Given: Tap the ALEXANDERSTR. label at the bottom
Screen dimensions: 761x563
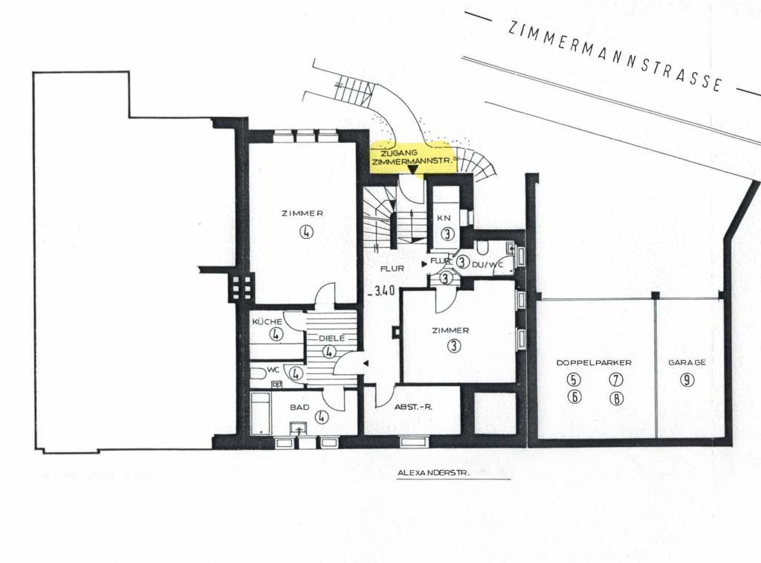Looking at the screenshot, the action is coord(434,472).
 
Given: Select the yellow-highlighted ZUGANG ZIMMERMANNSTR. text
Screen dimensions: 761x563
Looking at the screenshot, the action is coord(413,157).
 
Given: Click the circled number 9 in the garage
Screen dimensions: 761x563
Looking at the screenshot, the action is coord(686,379).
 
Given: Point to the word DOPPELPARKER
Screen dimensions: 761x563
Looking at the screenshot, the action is coord(594,362).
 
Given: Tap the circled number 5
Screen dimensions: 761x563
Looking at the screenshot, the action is coord(574,379).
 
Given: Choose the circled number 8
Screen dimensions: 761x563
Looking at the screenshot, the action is coord(615,399).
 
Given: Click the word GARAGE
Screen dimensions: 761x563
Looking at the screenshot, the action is coord(687,362).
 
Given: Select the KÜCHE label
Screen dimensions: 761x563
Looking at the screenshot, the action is coord(267,321).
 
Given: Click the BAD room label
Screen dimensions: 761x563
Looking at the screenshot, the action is coord(299,407).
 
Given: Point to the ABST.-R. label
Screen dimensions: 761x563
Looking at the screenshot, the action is coord(413,407).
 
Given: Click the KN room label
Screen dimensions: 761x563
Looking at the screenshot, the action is coord(444,218).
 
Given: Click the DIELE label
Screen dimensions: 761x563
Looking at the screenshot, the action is coord(331,338).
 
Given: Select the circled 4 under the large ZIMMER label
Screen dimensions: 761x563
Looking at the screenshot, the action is coord(305,232).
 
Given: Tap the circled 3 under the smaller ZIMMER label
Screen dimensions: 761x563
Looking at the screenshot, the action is coord(454,346).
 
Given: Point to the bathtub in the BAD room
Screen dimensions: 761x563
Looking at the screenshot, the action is coord(261,414).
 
